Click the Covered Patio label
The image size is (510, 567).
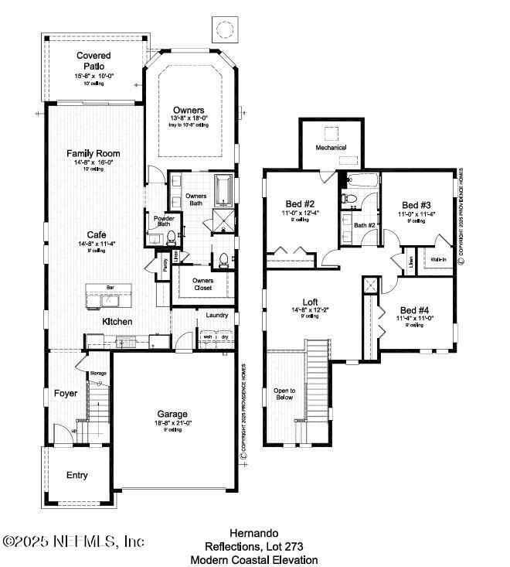click(x=93, y=60)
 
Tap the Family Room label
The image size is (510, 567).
click(x=93, y=153)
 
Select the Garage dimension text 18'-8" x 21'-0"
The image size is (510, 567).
click(x=173, y=423)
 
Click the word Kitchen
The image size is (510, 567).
click(x=117, y=321)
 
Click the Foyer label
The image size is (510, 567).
click(x=65, y=393)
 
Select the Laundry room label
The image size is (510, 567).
click(x=217, y=315)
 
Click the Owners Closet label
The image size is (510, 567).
click(x=202, y=284)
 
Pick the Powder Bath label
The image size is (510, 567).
click(x=164, y=221)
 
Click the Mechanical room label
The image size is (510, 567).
click(x=331, y=147)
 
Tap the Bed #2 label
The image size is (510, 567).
click(x=298, y=205)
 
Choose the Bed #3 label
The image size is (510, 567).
click(x=416, y=205)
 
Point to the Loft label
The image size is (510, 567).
click(x=309, y=302)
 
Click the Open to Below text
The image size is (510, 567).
click(x=285, y=395)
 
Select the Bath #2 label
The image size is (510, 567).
click(x=364, y=225)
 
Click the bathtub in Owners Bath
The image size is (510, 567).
click(x=222, y=190)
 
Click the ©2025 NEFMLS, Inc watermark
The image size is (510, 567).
click(x=73, y=541)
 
